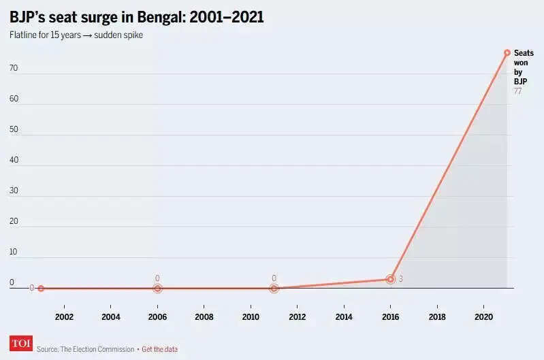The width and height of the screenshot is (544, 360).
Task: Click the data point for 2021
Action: click(507, 52)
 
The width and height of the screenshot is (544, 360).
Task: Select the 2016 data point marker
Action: click(390, 279)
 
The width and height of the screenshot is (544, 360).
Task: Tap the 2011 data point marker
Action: click(274, 289)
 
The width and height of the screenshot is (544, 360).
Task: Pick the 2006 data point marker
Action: click(157, 289)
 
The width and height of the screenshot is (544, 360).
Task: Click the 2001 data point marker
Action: click(41, 289)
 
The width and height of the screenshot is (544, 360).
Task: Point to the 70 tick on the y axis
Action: click(13, 69)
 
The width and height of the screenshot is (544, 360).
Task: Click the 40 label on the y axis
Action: click(13, 161)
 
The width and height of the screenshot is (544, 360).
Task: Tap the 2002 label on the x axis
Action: click(64, 317)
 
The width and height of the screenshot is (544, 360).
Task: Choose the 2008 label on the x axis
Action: click(204, 317)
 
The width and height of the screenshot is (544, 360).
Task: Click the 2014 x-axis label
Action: click(344, 317)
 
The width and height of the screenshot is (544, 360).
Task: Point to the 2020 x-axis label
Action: click(483, 317)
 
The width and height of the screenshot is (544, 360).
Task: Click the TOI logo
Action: click(21, 344)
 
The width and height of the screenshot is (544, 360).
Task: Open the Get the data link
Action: click(159, 349)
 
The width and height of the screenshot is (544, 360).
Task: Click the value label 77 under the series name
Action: click(518, 91)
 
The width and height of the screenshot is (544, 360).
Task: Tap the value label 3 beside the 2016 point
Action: click(401, 279)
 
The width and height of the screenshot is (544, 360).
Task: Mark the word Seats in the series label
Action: click(524, 52)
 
